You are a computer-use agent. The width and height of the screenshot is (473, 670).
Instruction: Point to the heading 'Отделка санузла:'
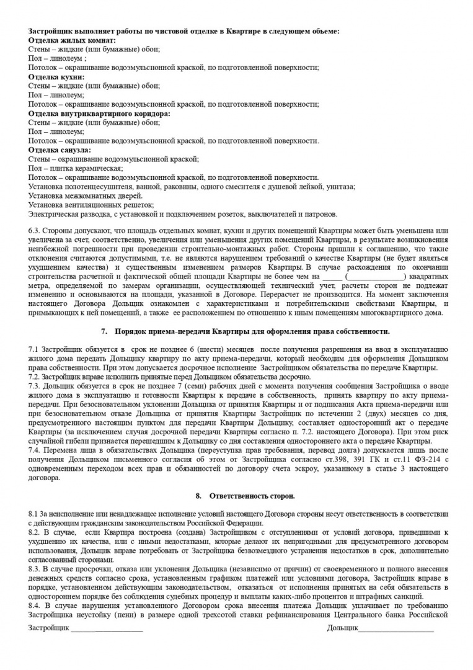point(60,150)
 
